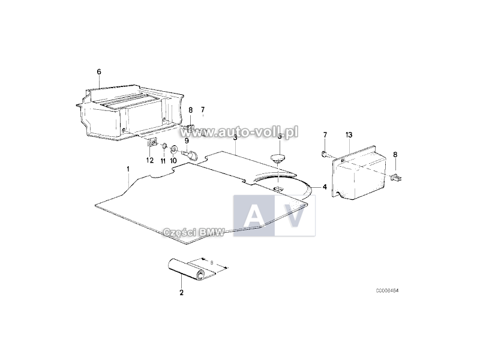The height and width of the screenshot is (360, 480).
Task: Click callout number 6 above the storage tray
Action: coord(99,71)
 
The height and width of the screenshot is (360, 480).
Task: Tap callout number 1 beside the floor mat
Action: coord(128,169)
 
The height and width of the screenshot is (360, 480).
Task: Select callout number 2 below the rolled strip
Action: coord(182,292)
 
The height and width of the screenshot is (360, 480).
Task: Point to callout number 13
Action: coord(349,134)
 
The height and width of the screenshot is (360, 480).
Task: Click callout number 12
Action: coord(149,160)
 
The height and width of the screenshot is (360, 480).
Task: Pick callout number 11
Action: coord(163,161)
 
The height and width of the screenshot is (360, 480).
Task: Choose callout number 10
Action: coord(173,161)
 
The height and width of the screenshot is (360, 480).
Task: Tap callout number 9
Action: coord(187,141)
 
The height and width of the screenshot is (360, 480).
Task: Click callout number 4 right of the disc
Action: coord(325,187)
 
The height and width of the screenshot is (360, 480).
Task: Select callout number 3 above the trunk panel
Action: coord(235,137)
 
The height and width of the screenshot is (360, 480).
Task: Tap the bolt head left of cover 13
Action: coord(325,154)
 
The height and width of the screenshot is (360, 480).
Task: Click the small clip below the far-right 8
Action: coord(396,177)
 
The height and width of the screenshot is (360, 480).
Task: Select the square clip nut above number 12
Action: coord(152,142)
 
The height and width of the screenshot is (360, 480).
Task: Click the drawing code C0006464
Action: coord(387,290)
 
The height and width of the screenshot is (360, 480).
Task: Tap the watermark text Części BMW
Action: coord(194,233)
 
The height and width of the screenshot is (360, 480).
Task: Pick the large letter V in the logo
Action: coord(295,215)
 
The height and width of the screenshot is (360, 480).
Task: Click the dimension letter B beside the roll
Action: coord(211,262)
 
